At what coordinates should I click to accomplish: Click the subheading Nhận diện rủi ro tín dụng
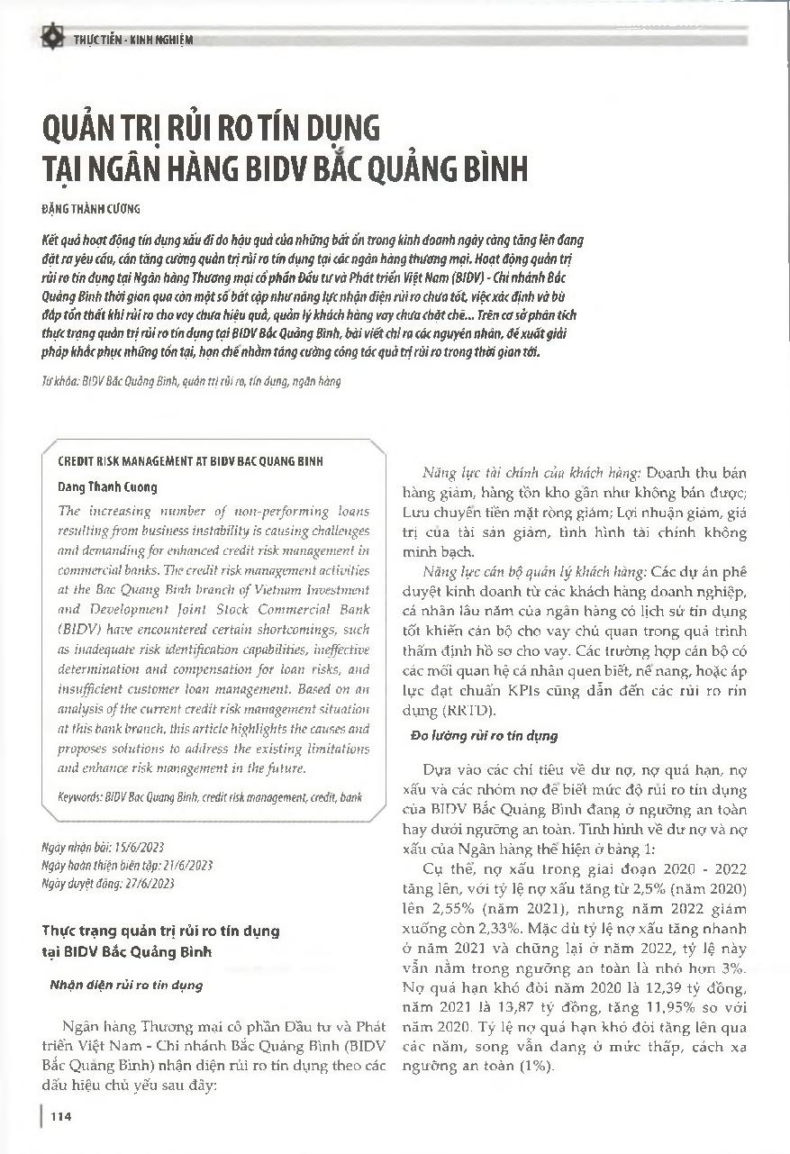125,985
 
